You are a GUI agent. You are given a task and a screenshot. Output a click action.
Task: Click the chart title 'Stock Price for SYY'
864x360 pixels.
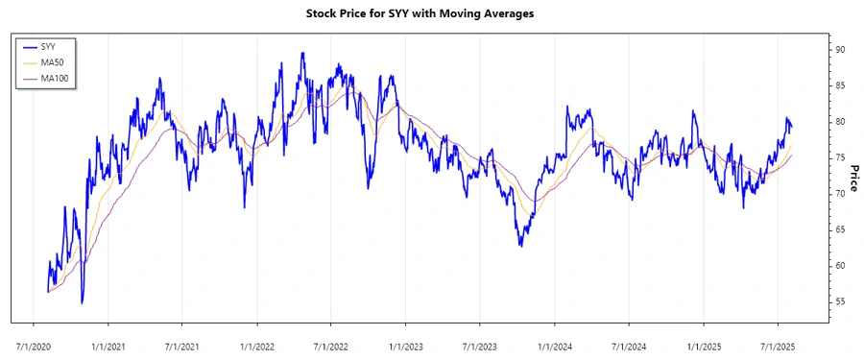(432, 13)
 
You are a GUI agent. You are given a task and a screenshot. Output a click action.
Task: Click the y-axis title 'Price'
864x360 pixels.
(852, 178)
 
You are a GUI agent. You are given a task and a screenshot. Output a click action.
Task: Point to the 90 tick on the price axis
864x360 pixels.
(839, 49)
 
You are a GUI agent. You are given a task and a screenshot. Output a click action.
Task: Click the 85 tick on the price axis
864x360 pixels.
(839, 85)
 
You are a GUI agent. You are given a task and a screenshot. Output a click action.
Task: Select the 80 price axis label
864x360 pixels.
(839, 122)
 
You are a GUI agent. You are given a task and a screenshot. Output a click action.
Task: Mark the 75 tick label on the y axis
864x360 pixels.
(839, 157)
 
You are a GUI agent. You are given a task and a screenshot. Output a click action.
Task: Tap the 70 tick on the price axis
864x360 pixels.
(839, 194)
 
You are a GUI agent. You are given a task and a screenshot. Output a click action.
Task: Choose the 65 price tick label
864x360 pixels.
(839, 229)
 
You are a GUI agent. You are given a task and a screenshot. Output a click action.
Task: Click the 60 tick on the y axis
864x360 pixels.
(839, 266)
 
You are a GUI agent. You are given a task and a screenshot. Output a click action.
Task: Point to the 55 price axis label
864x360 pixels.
(839, 301)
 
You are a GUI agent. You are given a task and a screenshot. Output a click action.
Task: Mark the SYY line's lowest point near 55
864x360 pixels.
(82, 303)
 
